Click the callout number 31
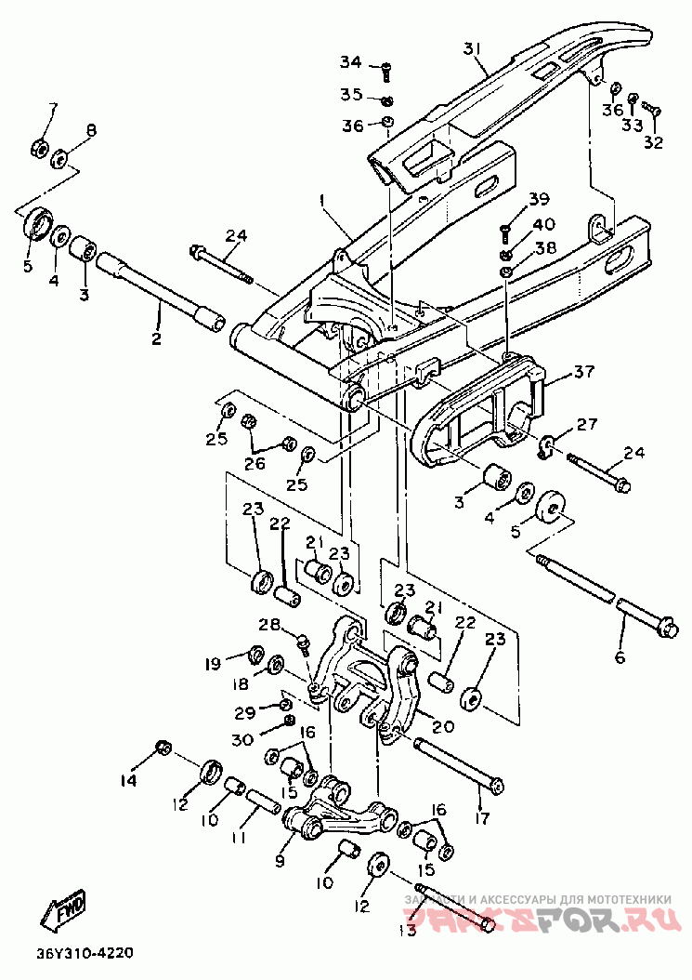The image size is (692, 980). pyautogui.click(x=474, y=48)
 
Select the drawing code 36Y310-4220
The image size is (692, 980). pyautogui.click(x=85, y=954)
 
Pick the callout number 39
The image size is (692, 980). pyautogui.click(x=541, y=199)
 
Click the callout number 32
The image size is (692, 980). pyautogui.click(x=654, y=143)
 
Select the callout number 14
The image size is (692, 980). pyautogui.click(x=127, y=780)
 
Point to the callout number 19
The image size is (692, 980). pyautogui.click(x=213, y=664)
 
